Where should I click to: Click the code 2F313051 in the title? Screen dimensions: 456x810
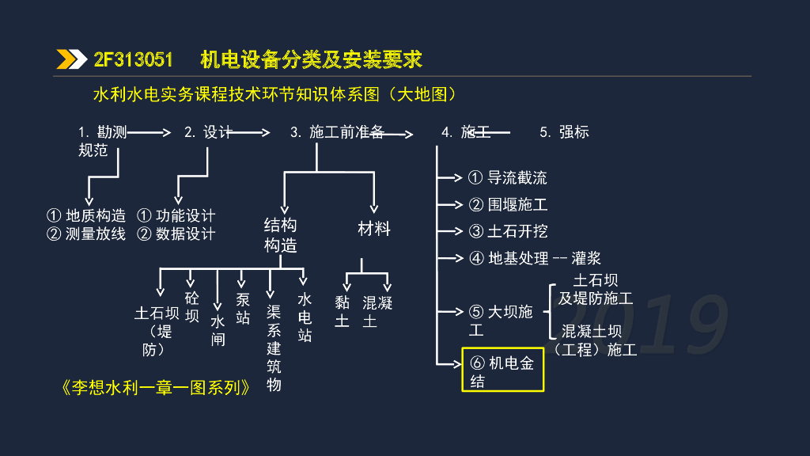click(133, 59)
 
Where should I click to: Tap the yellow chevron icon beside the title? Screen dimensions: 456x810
click(71, 59)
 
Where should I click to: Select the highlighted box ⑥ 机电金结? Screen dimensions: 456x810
click(503, 370)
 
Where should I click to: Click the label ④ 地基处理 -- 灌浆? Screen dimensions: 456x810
click(535, 258)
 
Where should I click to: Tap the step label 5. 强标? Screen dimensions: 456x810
click(564, 132)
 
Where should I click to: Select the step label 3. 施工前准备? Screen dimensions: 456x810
click(337, 132)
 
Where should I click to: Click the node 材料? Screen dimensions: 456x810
click(374, 229)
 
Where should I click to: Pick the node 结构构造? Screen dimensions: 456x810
click(280, 235)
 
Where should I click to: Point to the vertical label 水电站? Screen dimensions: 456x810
click(305, 317)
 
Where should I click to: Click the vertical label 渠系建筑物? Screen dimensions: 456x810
click(274, 348)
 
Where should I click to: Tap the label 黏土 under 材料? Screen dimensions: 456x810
click(342, 311)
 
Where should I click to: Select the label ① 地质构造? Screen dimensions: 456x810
click(86, 215)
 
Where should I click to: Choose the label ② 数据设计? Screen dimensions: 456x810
click(176, 234)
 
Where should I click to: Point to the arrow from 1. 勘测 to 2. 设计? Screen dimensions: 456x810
click(149, 133)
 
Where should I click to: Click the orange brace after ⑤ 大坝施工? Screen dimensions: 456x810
click(547, 311)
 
